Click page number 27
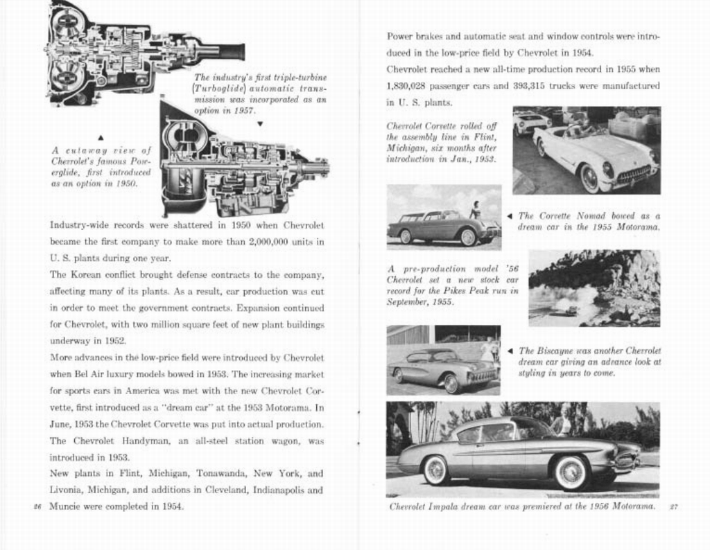point(673,507)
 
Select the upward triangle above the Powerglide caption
point(101,137)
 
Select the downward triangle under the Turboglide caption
point(259,124)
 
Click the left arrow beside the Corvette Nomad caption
point(510,215)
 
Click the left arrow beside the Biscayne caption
point(510,351)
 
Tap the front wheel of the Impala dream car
point(571,472)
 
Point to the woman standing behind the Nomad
point(476,210)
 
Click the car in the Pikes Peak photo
point(571,310)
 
